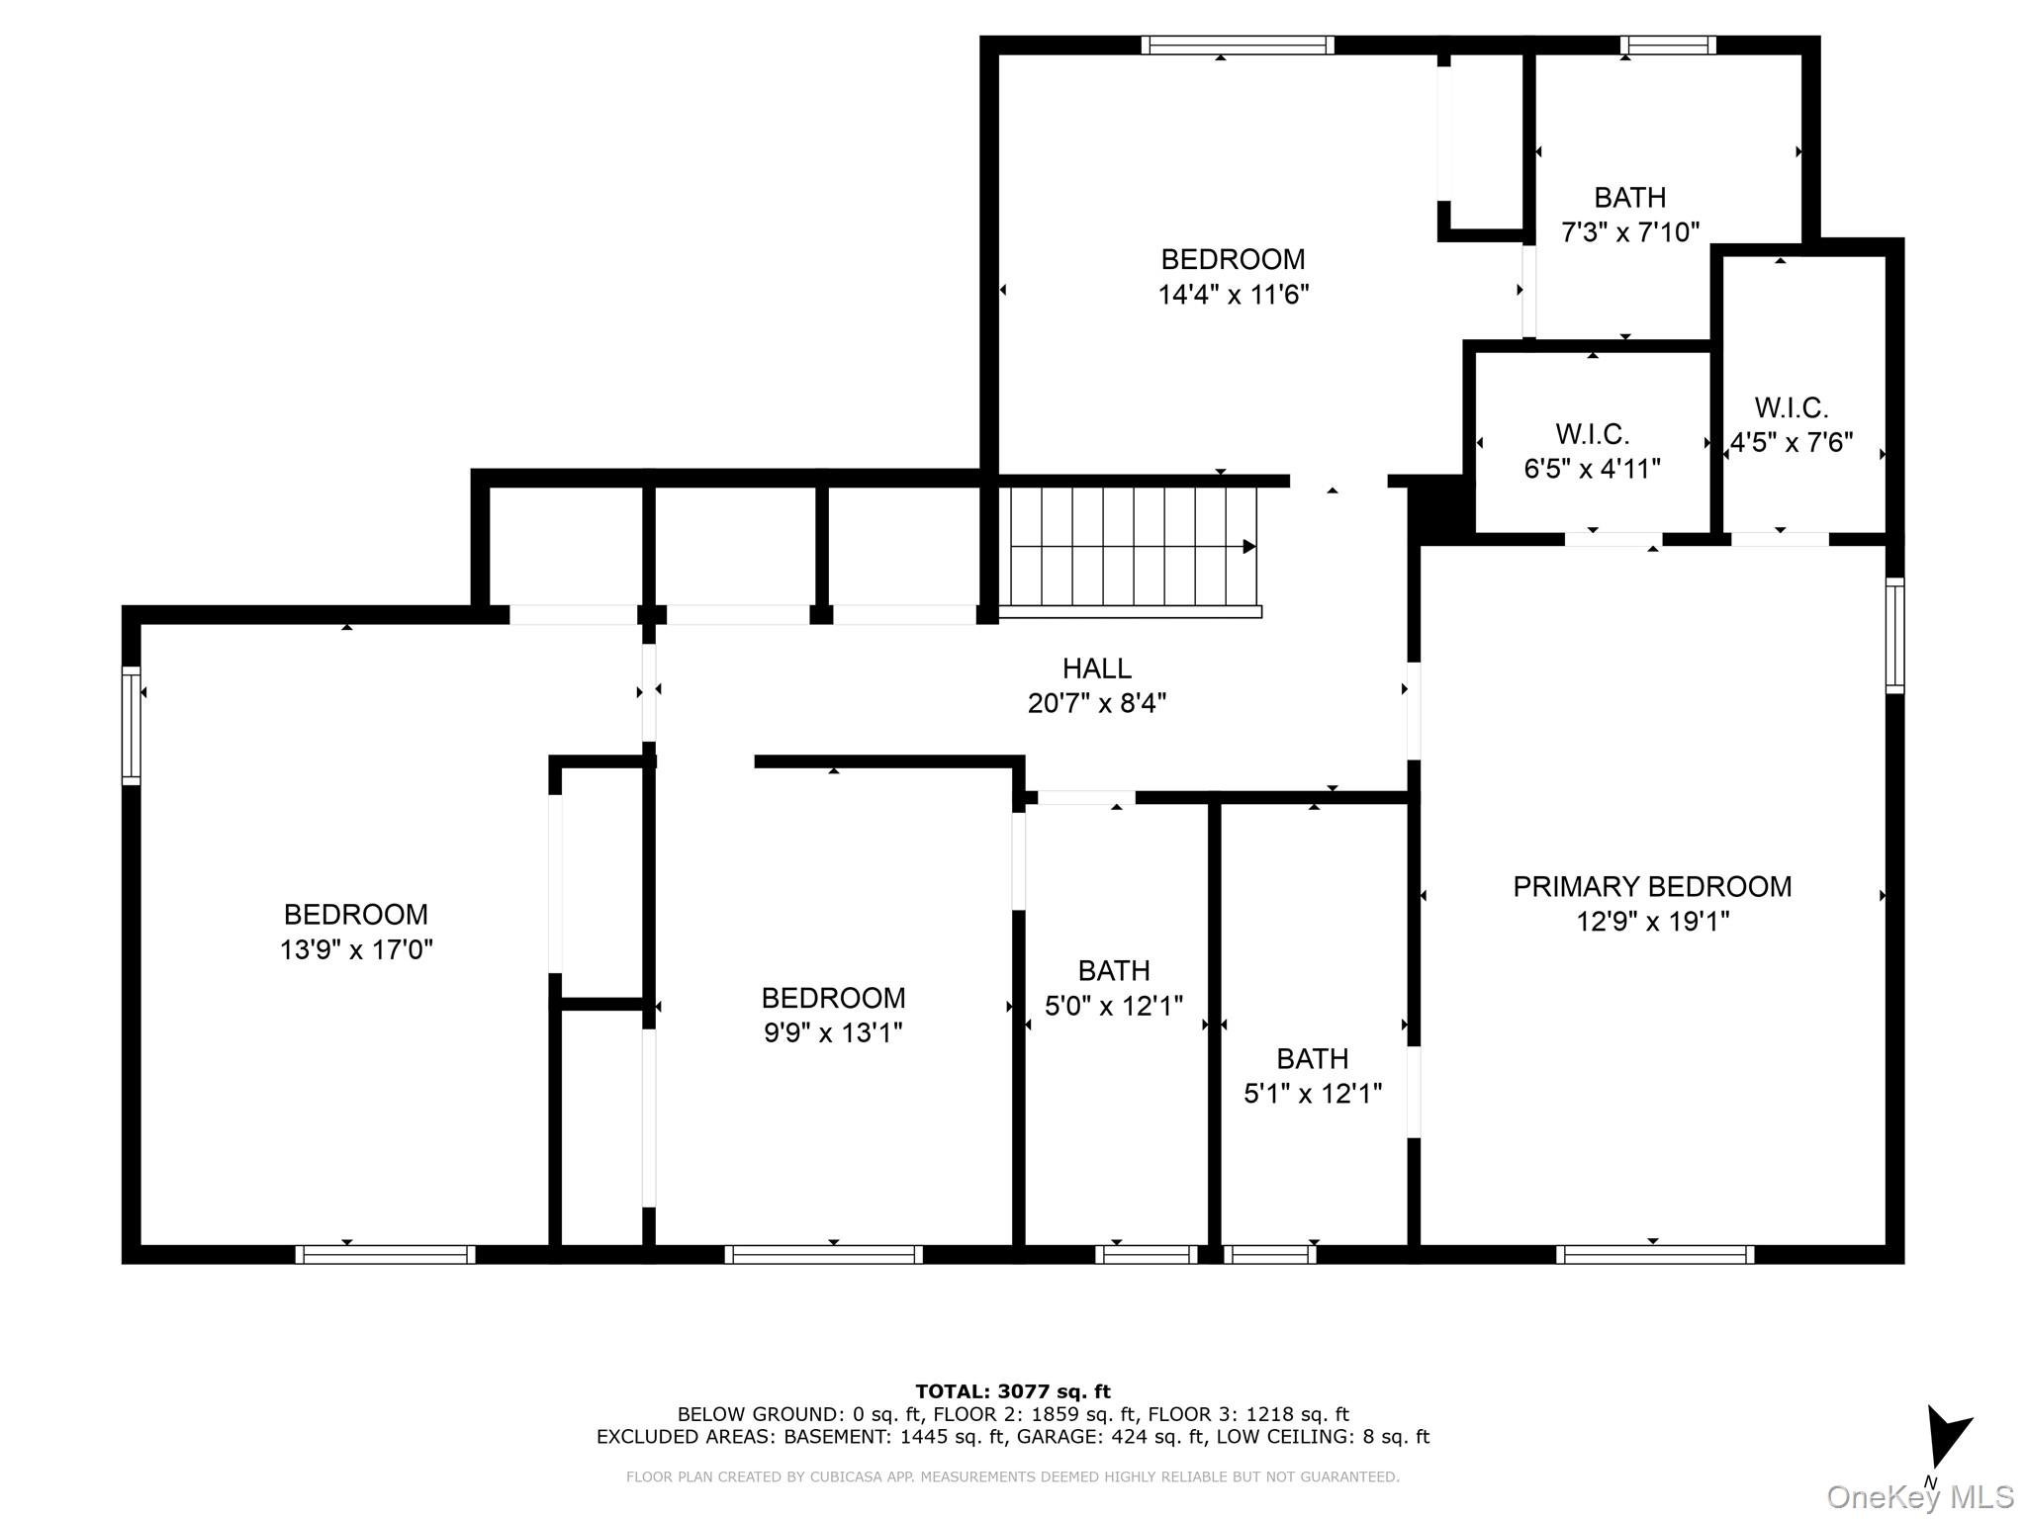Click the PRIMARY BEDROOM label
point(1652,886)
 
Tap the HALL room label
point(1096,669)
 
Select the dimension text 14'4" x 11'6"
point(1233,295)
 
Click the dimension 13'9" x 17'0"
point(356,949)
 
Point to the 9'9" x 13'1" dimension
point(833,1032)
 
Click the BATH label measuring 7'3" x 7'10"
point(1629,198)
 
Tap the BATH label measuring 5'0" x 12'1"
point(1114,970)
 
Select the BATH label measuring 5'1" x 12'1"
point(1312,1058)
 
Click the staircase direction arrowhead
point(1249,547)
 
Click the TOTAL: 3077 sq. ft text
point(1012,1392)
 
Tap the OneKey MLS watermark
point(1919,1496)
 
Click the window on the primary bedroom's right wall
point(1894,636)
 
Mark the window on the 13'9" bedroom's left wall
point(132,726)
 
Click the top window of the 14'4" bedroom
point(1237,45)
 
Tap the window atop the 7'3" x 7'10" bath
point(1668,45)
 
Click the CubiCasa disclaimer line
point(1012,1476)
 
